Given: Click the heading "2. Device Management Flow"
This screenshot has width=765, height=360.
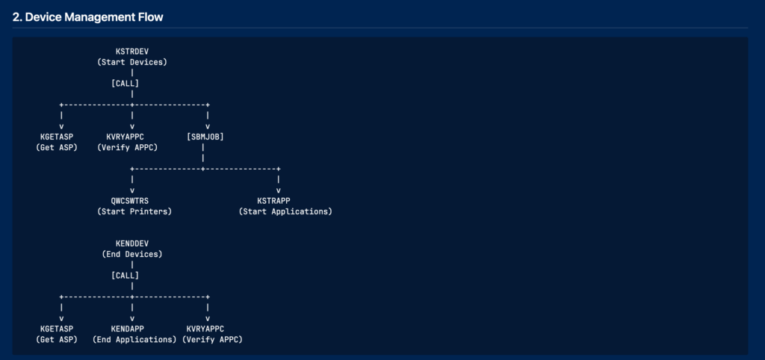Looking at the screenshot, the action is point(88,18).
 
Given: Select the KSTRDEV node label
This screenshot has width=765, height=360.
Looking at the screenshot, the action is point(132,52).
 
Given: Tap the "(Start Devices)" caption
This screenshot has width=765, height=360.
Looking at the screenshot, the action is point(132,63).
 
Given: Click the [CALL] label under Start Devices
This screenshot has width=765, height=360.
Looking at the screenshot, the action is point(126,84).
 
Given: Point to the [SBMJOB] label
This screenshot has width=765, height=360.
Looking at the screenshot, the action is point(205,137).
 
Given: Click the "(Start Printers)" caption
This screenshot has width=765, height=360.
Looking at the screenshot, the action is point(134,211).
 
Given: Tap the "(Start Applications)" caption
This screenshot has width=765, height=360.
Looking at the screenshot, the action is point(285,211).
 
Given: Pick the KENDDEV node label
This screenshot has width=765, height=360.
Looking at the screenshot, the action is point(132,243).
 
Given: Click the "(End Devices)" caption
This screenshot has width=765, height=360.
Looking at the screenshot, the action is point(132,254).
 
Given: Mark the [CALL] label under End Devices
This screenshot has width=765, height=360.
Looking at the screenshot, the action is point(126,276).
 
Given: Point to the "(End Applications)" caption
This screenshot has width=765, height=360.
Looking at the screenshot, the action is point(134,340).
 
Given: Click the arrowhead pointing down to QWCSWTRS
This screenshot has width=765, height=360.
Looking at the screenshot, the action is point(132,190).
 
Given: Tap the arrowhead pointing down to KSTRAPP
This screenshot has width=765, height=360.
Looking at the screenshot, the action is point(279,190).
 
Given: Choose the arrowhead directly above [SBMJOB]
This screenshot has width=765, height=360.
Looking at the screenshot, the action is point(208,126).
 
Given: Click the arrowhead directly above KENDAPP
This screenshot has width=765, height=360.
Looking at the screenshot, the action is point(132,318).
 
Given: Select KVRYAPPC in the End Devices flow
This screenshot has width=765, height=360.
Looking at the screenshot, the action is point(205,329).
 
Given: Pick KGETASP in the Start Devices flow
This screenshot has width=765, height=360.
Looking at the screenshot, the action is point(57,137).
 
